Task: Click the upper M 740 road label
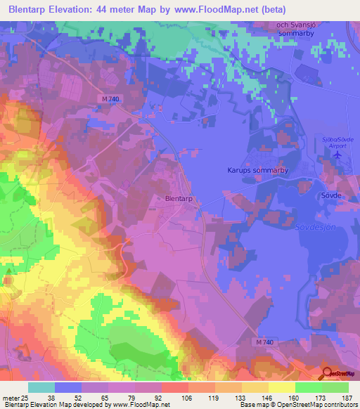pos(110,99)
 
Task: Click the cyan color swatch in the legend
pos(41,387)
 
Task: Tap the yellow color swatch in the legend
pos(281,387)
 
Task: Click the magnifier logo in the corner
pos(328,373)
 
